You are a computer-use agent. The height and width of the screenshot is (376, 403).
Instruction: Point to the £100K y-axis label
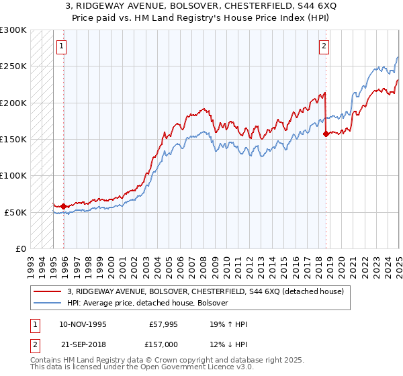(x=13, y=175)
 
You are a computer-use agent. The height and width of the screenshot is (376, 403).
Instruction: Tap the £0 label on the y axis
(x=20, y=248)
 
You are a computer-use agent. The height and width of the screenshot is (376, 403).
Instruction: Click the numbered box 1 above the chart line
(x=61, y=46)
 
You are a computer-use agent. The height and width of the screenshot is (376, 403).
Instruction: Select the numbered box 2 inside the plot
(x=324, y=46)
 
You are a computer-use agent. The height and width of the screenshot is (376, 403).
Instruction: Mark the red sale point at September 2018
(x=326, y=134)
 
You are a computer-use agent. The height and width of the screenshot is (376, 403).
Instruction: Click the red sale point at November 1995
(x=64, y=206)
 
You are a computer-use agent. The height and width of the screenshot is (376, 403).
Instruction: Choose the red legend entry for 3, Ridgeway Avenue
(x=206, y=291)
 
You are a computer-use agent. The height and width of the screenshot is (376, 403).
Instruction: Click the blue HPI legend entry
(x=148, y=303)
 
